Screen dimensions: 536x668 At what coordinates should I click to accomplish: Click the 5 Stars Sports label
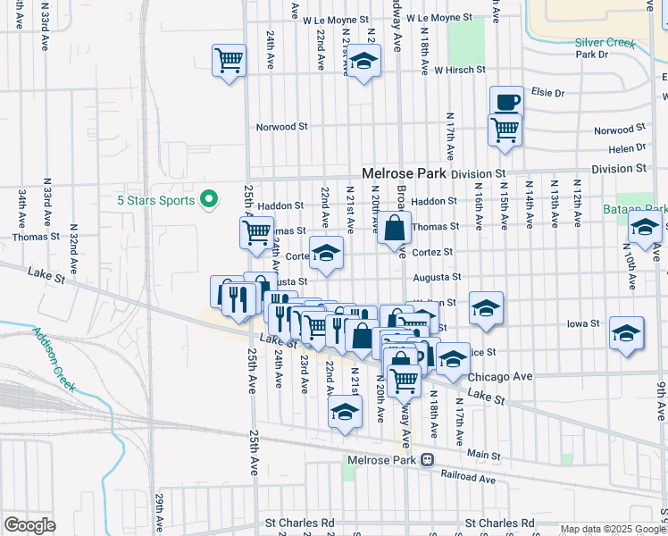coord(156,200)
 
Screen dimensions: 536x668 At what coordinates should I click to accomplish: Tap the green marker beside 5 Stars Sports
coord(210,198)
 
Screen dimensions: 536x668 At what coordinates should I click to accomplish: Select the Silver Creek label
coord(605,43)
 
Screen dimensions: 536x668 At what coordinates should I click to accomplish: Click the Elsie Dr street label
coord(548,92)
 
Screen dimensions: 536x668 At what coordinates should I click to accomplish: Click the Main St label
coord(484,456)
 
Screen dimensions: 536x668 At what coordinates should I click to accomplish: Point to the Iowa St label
coord(585,323)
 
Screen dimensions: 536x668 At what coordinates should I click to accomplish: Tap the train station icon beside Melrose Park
coord(428,461)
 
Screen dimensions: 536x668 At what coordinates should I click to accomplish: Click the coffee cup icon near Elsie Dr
coord(506,101)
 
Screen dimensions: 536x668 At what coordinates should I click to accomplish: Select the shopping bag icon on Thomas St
coord(394,228)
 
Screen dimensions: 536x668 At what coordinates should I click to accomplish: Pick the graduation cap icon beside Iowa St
coord(627,332)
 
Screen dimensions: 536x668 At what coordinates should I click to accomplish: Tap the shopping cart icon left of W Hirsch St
coord(230,61)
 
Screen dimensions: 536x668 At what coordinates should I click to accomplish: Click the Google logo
coord(29,525)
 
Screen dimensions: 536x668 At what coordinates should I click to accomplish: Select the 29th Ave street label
coord(159,511)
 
